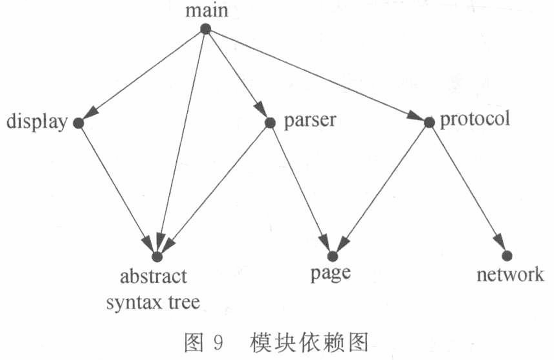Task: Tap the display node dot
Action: click(78, 123)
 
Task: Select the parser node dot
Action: click(270, 122)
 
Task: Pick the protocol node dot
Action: click(429, 122)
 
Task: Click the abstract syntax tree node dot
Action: click(157, 257)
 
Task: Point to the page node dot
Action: click(332, 256)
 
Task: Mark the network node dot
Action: click(507, 255)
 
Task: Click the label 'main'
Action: click(207, 11)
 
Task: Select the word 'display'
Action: click(37, 122)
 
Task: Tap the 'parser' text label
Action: click(310, 121)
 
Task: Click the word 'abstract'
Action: click(153, 276)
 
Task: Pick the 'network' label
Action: click(510, 274)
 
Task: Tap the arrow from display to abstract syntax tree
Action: click(117, 190)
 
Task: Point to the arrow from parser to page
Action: click(301, 189)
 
